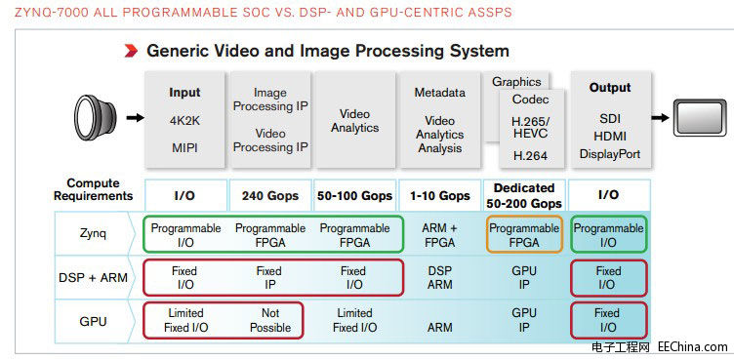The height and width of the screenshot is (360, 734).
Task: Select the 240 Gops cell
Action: point(269,195)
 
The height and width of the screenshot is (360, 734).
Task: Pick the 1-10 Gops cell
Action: point(439,195)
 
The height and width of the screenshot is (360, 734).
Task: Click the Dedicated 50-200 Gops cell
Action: point(524,195)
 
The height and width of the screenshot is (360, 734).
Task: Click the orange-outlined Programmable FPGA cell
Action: point(524,235)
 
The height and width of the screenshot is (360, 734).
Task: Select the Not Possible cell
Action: point(270,320)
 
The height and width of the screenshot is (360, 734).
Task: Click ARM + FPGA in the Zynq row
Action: point(439,235)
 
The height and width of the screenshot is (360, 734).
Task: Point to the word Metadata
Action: point(439,93)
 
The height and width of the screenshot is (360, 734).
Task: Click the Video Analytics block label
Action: point(354,121)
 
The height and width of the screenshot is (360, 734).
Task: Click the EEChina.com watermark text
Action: point(693,346)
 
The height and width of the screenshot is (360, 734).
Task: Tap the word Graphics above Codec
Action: point(516,82)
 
